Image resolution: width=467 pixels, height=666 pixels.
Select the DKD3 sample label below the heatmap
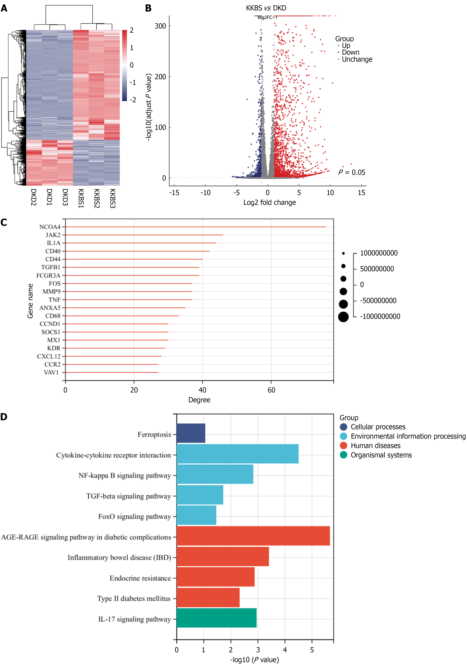pos(65,197)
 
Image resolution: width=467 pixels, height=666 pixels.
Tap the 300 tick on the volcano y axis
pos(160,26)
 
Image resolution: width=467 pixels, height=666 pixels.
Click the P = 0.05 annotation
pos(352,172)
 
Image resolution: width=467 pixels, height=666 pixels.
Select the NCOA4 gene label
pos(50,227)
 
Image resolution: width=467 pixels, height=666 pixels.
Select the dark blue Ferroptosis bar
pos(191,433)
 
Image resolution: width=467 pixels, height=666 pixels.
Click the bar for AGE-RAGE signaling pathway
pos(253,536)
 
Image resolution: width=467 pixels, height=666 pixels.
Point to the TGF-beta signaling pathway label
pos(128,496)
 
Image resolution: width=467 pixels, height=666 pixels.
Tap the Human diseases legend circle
pos(343,446)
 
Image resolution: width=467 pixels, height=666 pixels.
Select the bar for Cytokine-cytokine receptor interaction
pos(237,454)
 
